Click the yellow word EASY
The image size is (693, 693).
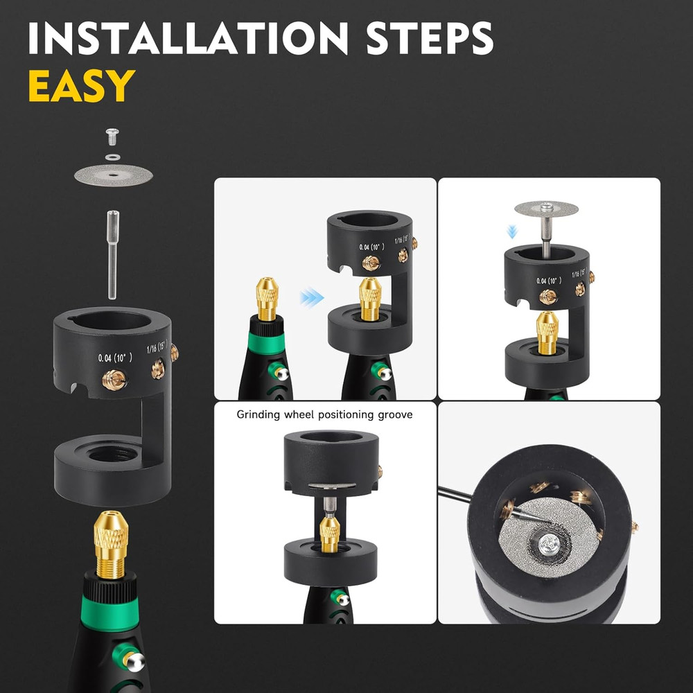tap(82, 86)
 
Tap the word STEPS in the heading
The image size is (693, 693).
tap(430, 38)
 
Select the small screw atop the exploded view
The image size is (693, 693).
tap(113, 137)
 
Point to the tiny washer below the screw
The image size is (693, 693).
tap(114, 157)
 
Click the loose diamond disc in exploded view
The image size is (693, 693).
tap(114, 175)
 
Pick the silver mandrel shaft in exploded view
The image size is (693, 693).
tap(113, 254)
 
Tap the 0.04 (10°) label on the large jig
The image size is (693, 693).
tap(115, 358)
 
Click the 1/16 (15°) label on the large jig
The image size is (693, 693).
tap(157, 346)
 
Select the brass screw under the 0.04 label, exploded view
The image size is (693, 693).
tap(114, 379)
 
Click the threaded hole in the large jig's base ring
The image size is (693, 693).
tap(112, 453)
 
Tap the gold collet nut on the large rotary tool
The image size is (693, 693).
tap(110, 545)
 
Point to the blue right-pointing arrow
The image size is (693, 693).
tap(312, 297)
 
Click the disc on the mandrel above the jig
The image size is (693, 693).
tap(546, 209)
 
